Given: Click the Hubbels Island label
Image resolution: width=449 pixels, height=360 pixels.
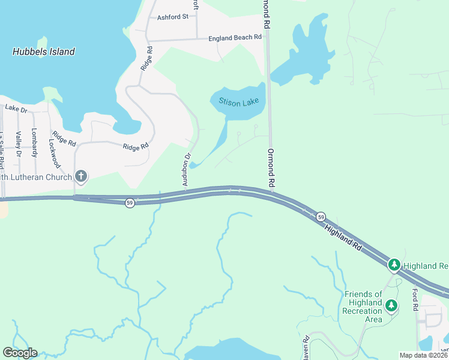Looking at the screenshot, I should pyautogui.click(x=44, y=52).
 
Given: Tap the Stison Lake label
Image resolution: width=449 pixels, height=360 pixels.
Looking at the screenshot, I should pyautogui.click(x=239, y=103).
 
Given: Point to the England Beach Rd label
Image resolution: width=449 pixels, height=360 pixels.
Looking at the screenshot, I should pyautogui.click(x=235, y=38).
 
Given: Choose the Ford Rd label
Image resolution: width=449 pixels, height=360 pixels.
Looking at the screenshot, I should pyautogui.click(x=415, y=299).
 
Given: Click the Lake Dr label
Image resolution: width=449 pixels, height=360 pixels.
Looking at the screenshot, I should pyautogui.click(x=16, y=109).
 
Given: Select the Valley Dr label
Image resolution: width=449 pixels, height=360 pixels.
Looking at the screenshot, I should pyautogui.click(x=19, y=145).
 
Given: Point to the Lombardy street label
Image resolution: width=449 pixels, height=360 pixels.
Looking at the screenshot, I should pyautogui.click(x=34, y=143).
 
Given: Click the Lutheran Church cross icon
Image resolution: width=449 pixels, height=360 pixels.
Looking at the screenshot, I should pyautogui.click(x=81, y=176).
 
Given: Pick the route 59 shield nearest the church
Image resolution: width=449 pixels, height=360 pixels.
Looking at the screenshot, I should pyautogui.click(x=130, y=203).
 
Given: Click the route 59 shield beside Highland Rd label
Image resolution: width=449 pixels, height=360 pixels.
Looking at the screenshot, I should pyautogui.click(x=321, y=216).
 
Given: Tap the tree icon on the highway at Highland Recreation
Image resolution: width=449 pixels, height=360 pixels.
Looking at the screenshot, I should pyautogui.click(x=394, y=264).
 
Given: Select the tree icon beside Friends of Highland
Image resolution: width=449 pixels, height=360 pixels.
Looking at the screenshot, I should pyautogui.click(x=391, y=306).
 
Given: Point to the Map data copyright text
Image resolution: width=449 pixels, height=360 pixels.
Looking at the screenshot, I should pyautogui.click(x=423, y=355).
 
